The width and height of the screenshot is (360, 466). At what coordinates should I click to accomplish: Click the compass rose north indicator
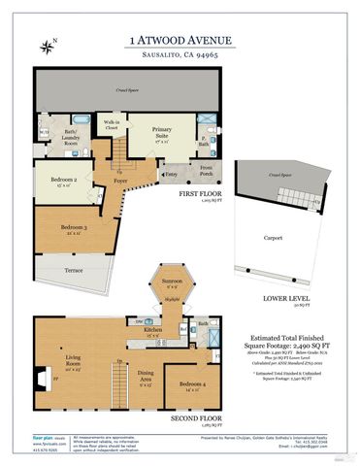click(x=49, y=45)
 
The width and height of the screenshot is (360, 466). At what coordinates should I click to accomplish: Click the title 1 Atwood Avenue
click(x=180, y=40)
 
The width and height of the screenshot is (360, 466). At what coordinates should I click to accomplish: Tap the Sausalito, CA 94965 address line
click(x=180, y=57)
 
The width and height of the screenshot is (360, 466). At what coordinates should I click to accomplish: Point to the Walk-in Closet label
click(x=111, y=124)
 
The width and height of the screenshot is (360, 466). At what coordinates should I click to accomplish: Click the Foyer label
click(x=121, y=180)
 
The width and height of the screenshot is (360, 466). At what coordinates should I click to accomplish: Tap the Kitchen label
click(x=151, y=331)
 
